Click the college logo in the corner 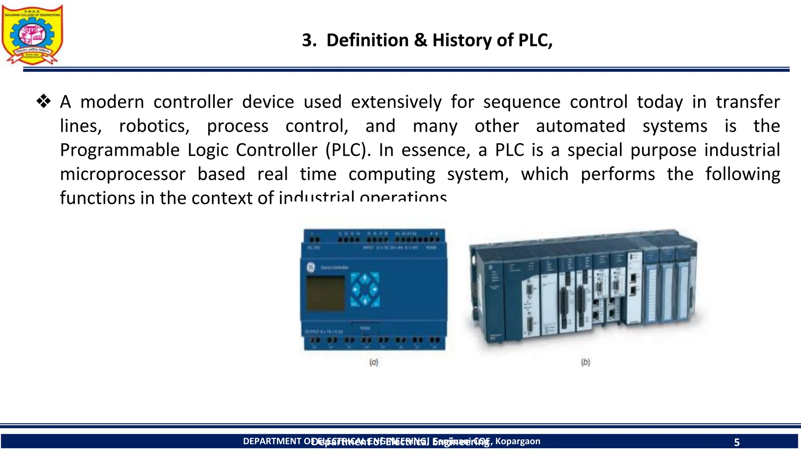point(32,34)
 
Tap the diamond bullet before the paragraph point(43,102)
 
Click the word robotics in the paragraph point(154,126)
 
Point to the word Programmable point(119,150)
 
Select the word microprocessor point(122,174)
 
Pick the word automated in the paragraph point(580,126)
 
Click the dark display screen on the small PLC point(325,293)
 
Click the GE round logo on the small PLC point(311,267)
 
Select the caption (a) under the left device point(374,363)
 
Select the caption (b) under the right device point(585,363)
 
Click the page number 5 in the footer point(736,442)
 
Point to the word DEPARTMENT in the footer point(271,441)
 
